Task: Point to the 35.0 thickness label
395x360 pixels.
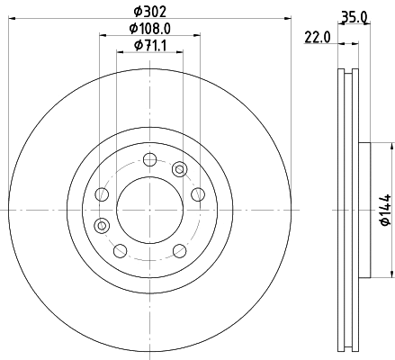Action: coord(353,14)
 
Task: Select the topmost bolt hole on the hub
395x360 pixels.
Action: coord(148,161)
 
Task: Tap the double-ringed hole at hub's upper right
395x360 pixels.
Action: coord(179,169)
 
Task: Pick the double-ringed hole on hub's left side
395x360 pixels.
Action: coord(103,225)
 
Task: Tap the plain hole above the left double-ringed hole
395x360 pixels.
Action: coord(102,195)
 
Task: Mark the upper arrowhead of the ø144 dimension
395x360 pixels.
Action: coord(391,146)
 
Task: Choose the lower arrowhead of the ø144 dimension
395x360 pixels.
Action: coord(391,273)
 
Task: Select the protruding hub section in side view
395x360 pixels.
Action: coord(364,209)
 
